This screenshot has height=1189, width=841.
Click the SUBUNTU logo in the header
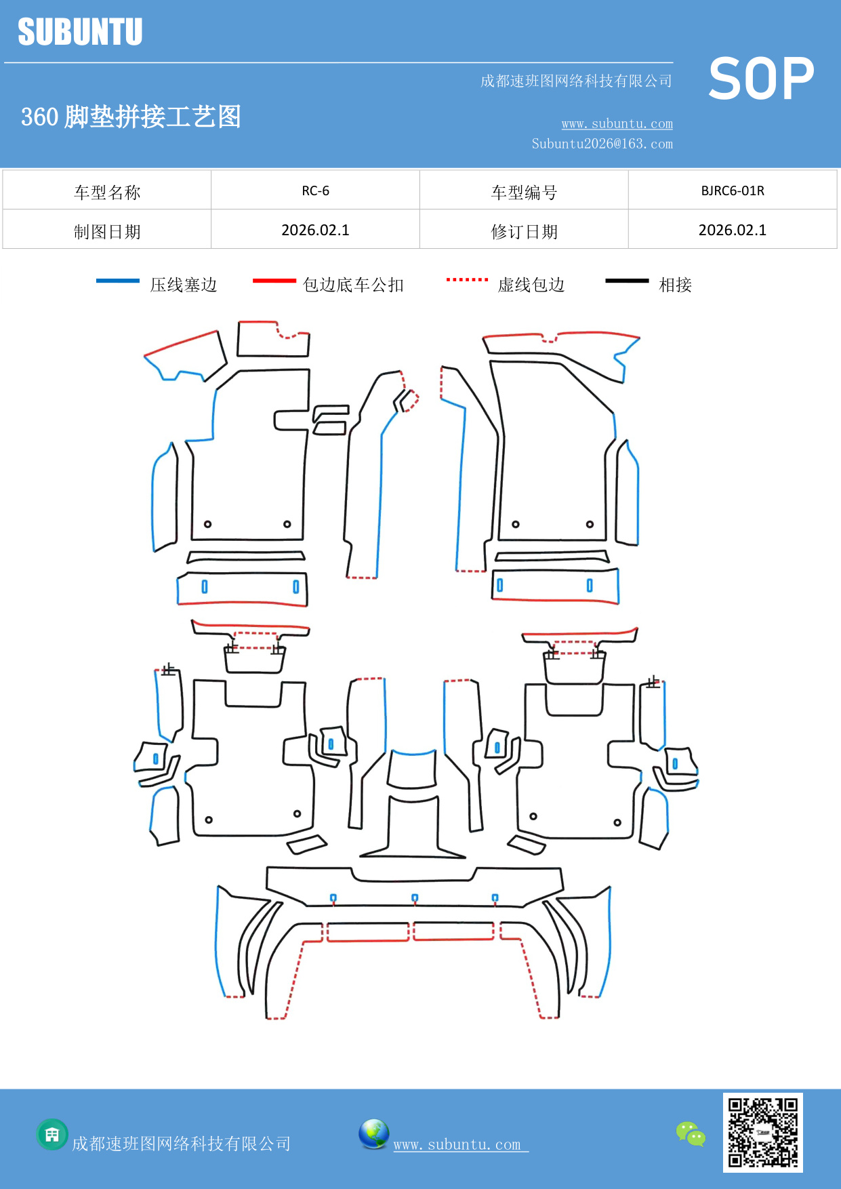(x=80, y=32)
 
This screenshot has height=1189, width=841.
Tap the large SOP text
(x=761, y=79)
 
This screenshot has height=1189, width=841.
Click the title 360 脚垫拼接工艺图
(x=131, y=117)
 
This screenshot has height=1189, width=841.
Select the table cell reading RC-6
(x=315, y=190)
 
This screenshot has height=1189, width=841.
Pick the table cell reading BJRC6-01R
(x=732, y=190)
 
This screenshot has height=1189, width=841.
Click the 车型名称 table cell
(x=107, y=193)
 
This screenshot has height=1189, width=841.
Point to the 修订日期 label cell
(x=524, y=232)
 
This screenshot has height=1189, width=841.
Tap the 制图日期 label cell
(x=107, y=232)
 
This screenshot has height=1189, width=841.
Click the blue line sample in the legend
(x=118, y=281)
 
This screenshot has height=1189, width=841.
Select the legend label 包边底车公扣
(x=353, y=285)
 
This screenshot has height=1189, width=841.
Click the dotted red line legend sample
(x=467, y=279)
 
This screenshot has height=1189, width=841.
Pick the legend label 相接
(x=675, y=285)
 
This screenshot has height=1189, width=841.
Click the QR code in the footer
(x=762, y=1133)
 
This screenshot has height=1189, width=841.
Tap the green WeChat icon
(x=691, y=1134)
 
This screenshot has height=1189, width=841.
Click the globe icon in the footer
(x=373, y=1134)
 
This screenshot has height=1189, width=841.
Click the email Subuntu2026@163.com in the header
(x=602, y=144)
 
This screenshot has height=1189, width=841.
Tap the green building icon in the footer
(x=52, y=1134)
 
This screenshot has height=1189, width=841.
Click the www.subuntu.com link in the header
(x=617, y=123)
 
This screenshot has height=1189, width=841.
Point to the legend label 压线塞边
(x=184, y=285)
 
